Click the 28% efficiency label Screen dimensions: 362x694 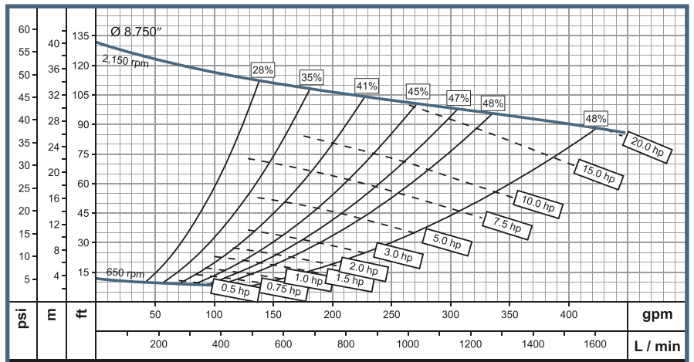click(x=262, y=70)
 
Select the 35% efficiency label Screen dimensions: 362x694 click(x=312, y=77)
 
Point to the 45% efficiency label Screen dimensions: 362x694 click(x=418, y=91)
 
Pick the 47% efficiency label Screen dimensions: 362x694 click(x=459, y=98)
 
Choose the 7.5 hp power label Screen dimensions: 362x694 click(x=507, y=223)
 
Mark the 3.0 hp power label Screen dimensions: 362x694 click(x=398, y=254)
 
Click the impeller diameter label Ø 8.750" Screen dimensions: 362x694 click(x=137, y=32)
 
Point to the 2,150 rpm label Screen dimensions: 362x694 click(x=125, y=61)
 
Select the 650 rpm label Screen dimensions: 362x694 click(x=125, y=274)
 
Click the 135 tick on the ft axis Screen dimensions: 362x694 click(x=80, y=36)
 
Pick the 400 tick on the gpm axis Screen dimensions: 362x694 click(x=569, y=315)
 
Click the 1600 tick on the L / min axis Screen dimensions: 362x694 click(x=594, y=343)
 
